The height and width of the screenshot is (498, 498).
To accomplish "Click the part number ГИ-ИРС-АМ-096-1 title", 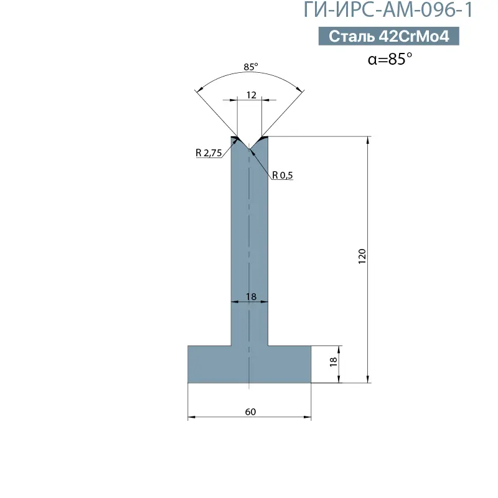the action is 388,9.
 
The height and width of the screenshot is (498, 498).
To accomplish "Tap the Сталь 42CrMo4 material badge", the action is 388,36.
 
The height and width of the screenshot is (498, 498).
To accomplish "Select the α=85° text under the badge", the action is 390,59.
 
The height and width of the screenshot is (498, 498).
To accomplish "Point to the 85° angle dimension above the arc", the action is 251,67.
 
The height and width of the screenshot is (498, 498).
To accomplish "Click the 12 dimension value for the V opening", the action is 251,95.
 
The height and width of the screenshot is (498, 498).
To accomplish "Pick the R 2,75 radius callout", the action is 209,153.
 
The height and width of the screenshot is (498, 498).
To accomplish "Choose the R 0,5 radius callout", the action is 283,175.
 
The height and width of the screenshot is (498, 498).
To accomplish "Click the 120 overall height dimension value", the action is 362,256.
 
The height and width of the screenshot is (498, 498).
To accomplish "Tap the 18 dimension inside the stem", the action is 251,297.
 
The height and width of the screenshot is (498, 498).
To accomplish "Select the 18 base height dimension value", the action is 333,362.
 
